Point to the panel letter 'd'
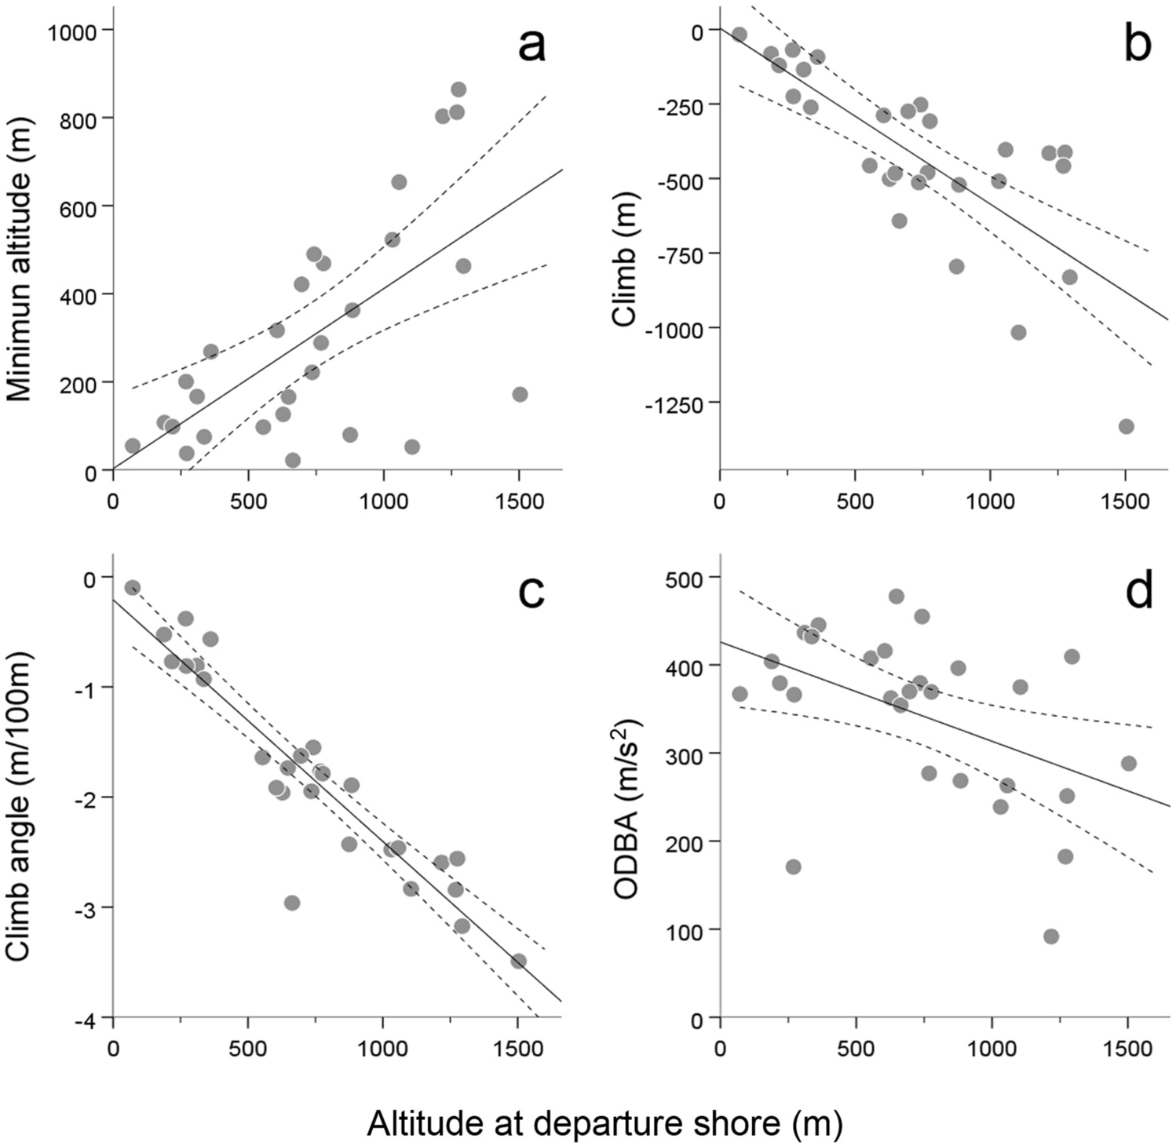[x=1138, y=591]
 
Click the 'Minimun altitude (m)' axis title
[x=20, y=259]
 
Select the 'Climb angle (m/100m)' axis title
[x=20, y=805]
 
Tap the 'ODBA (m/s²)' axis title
[x=626, y=808]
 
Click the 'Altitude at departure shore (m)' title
[x=604, y=1123]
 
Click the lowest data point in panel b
[x=1126, y=426]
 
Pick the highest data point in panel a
[x=458, y=89]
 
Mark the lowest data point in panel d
[x=1050, y=936]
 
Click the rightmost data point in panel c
[x=518, y=961]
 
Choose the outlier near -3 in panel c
[x=292, y=903]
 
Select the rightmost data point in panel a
[x=519, y=394]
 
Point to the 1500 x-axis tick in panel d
[x=1126, y=1049]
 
